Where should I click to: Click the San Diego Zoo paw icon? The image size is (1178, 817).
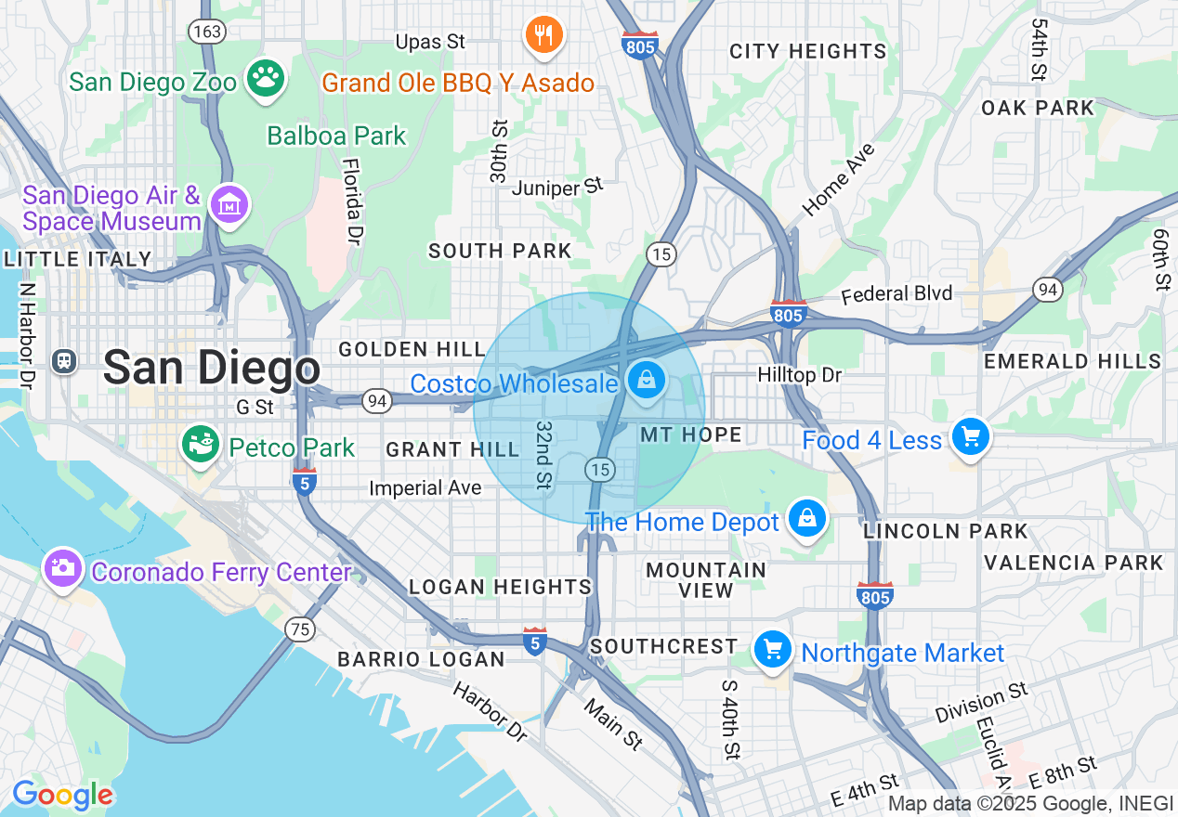tap(267, 80)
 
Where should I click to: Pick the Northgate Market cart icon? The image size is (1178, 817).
tap(772, 650)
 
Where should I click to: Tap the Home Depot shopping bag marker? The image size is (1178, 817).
tap(807, 518)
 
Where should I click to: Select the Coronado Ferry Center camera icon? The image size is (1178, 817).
tap(63, 567)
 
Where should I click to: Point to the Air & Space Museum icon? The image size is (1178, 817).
tap(229, 203)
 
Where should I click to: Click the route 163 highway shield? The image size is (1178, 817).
tap(206, 32)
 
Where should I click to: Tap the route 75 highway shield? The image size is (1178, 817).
tap(299, 629)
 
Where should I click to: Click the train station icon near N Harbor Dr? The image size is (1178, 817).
tap(64, 360)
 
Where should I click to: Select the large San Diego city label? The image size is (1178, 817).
tap(212, 368)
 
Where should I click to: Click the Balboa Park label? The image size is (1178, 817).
tap(336, 136)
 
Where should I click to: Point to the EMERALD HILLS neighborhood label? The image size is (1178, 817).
tap(1073, 361)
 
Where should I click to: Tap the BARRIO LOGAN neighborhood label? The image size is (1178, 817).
tap(421, 659)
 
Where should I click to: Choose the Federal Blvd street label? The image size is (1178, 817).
tap(897, 294)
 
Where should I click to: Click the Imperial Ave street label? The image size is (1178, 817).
tap(425, 487)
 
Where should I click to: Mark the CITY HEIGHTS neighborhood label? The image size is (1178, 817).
tap(807, 51)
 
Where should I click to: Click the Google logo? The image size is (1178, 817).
tap(62, 795)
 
